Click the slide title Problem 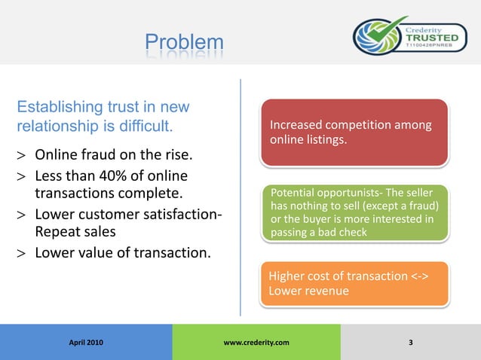tap(184, 41)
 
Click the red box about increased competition tap(354, 132)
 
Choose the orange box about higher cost tap(354, 283)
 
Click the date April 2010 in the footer tap(86, 343)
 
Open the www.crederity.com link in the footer tap(256, 343)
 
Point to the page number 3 tap(410, 343)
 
